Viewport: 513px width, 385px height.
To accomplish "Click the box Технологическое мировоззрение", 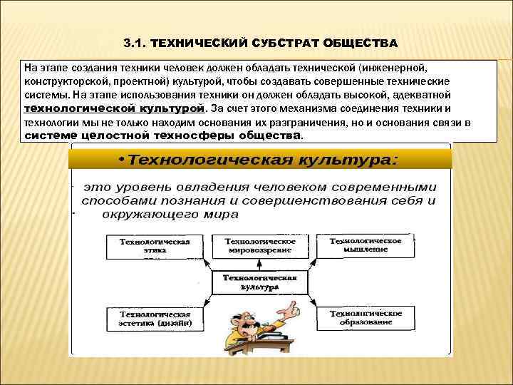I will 259,247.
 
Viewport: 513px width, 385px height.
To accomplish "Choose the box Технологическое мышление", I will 365,246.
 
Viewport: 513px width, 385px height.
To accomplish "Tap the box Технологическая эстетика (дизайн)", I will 154,317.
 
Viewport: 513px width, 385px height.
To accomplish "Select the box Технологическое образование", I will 365,317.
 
